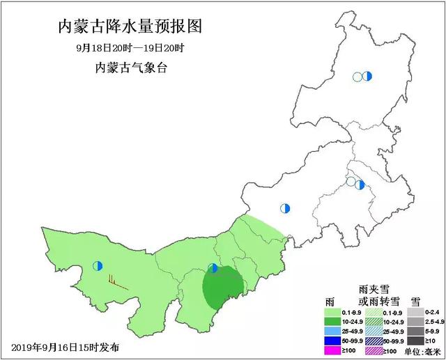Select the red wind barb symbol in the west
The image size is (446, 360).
point(115,282)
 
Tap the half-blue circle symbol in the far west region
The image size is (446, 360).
point(98,265)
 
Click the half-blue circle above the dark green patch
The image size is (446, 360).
point(213,268)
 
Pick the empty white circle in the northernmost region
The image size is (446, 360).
point(357,77)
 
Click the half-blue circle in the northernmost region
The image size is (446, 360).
point(367,76)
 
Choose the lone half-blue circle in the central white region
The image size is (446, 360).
point(284,208)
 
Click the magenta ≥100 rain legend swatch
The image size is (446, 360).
point(336,352)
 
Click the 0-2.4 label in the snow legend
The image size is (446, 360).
point(434,313)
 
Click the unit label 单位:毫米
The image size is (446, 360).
point(422,351)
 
